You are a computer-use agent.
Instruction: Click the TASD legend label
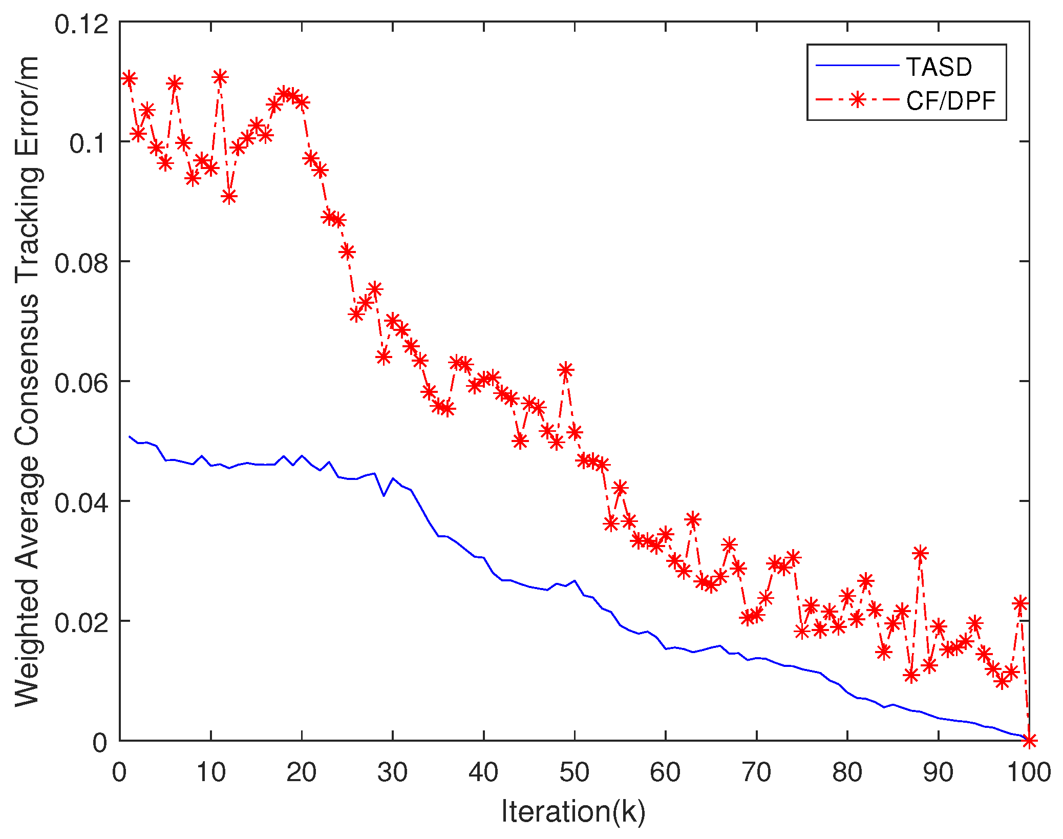939,67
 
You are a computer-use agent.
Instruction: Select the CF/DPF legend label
950,101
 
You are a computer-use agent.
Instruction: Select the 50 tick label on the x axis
574,772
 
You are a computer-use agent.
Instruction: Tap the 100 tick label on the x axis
1028,772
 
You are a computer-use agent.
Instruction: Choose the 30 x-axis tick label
392,772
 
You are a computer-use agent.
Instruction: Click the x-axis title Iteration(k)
573,812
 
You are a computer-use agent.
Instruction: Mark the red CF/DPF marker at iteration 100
1029,740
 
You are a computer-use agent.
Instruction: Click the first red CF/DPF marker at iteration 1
129,78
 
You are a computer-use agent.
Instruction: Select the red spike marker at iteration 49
565,369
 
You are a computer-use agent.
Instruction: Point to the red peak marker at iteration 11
220,77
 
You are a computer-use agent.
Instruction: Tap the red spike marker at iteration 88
920,553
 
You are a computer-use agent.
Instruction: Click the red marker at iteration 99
1020,604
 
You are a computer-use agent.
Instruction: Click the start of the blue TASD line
130,436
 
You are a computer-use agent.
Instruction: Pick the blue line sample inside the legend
857,66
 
